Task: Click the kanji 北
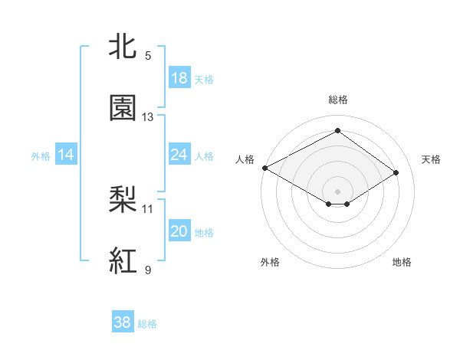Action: (124, 47)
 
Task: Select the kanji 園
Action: (124, 108)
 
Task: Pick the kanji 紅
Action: (124, 261)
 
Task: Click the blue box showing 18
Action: (179, 78)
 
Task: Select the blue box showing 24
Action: (179, 155)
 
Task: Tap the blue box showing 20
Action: (179, 231)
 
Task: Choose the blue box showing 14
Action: (66, 155)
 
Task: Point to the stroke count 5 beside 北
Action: (148, 56)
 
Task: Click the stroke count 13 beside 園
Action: (148, 117)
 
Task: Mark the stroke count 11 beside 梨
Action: (148, 208)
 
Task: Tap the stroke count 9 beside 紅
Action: (148, 270)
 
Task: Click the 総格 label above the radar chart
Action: (337, 100)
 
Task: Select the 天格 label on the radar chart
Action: (431, 159)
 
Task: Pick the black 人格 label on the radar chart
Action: (245, 159)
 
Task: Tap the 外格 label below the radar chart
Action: (270, 262)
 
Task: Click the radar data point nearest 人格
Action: (264, 168)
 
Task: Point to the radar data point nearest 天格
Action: (396, 173)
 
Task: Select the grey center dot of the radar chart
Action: (337, 191)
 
